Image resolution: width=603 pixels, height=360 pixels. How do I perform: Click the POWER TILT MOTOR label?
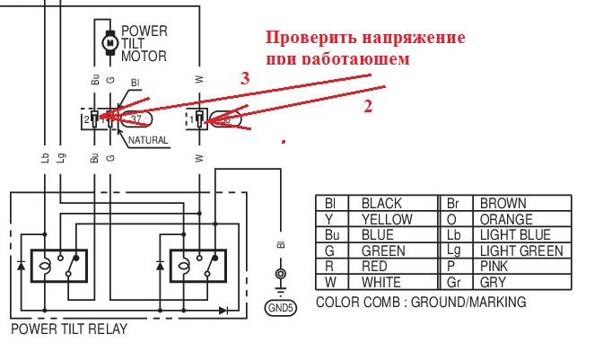[x=144, y=42]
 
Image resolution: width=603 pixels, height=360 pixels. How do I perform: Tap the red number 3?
[x=245, y=78]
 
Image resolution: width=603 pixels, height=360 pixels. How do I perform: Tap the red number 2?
[x=366, y=105]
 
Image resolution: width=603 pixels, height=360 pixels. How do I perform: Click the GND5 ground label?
[x=280, y=307]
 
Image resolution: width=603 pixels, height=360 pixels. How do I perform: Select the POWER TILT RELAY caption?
[x=69, y=329]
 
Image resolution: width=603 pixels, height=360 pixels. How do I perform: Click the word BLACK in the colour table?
[x=380, y=204]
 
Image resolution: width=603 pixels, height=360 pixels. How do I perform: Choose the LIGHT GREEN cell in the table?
[x=521, y=251]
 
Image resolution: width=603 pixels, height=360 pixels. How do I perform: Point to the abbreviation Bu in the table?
[x=331, y=235]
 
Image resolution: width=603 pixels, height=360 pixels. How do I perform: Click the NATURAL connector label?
[x=148, y=141]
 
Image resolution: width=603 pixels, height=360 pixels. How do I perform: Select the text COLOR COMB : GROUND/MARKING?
[x=421, y=303]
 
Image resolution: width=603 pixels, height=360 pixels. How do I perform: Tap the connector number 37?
[x=136, y=118]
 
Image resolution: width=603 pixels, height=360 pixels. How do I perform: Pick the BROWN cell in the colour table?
[x=503, y=204]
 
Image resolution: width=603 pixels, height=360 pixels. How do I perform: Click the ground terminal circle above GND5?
[x=280, y=274]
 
